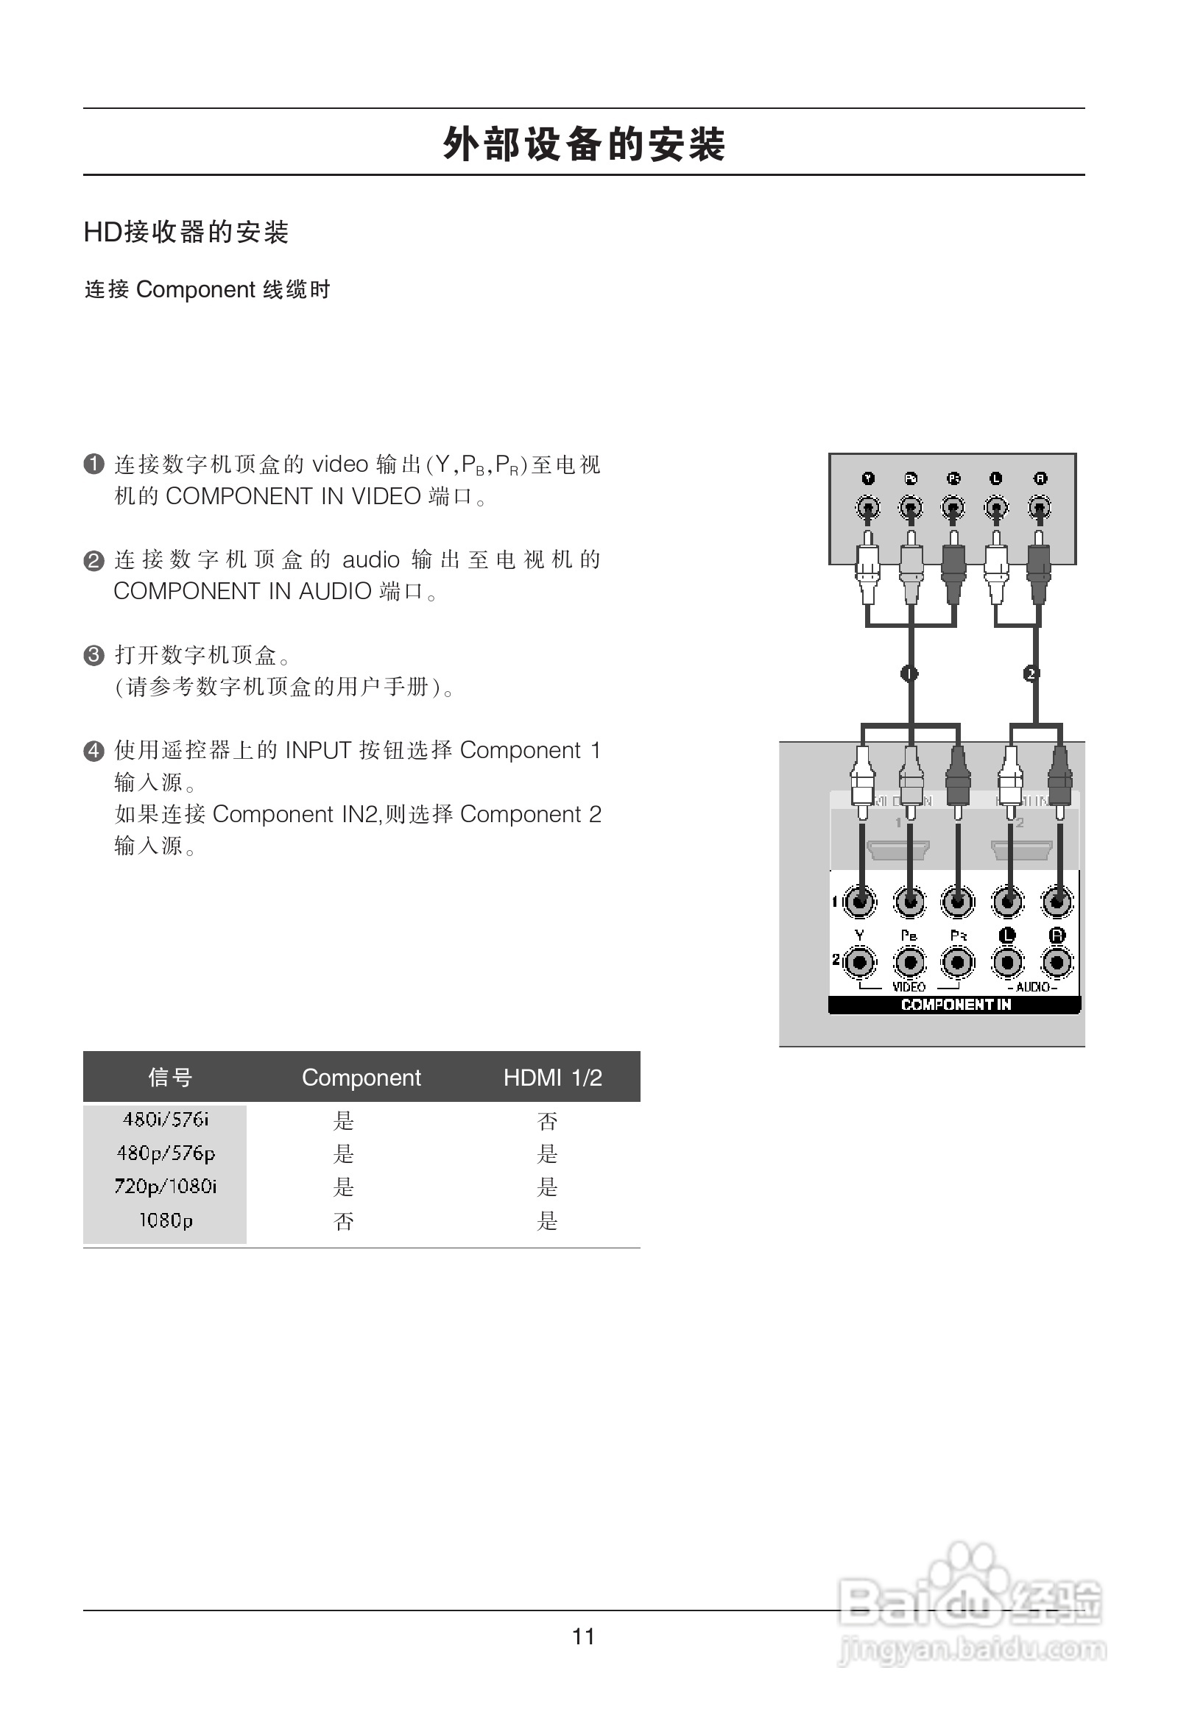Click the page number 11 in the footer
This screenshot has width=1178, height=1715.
pyautogui.click(x=583, y=1636)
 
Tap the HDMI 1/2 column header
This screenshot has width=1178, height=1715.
pyautogui.click(x=552, y=1078)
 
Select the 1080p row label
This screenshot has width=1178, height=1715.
pyautogui.click(x=166, y=1220)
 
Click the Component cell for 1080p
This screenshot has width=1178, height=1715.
pyautogui.click(x=343, y=1220)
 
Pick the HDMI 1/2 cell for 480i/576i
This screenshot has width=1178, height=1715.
pyautogui.click(x=547, y=1121)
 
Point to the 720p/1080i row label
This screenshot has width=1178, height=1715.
pyautogui.click(x=166, y=1186)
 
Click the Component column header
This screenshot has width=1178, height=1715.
pyautogui.click(x=361, y=1078)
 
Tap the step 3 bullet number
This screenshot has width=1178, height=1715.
pyautogui.click(x=94, y=655)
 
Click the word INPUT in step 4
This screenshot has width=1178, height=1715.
pyautogui.click(x=318, y=750)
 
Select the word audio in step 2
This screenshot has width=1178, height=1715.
pyautogui.click(x=370, y=559)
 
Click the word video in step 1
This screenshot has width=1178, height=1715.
pyautogui.click(x=340, y=464)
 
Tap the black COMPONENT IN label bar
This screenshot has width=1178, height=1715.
pyautogui.click(x=955, y=1005)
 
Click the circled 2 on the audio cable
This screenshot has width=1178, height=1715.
pyautogui.click(x=1031, y=673)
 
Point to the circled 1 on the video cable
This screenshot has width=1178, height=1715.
pyautogui.click(x=909, y=673)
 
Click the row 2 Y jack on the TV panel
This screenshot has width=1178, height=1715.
pyautogui.click(x=860, y=962)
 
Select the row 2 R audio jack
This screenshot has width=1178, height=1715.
pyautogui.click(x=1057, y=962)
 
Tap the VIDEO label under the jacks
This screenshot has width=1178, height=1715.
pyautogui.click(x=909, y=986)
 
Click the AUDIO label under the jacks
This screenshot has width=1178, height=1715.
pyautogui.click(x=1033, y=986)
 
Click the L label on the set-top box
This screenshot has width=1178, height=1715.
pyautogui.click(x=995, y=478)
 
